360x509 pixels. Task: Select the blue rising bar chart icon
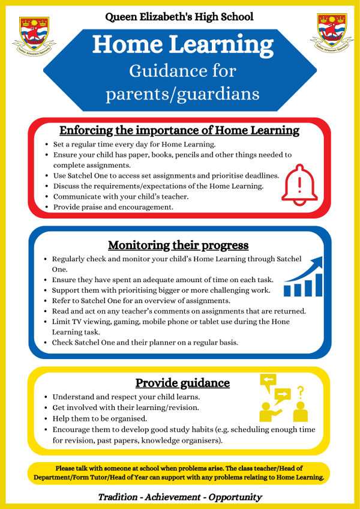pyautogui.click(x=304, y=277)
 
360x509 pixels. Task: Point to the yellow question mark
pyautogui.click(x=301, y=392)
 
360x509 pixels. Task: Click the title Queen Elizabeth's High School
pyautogui.click(x=179, y=17)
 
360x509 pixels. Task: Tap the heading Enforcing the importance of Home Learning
pyautogui.click(x=179, y=130)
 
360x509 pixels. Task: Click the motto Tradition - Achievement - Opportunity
pyautogui.click(x=180, y=496)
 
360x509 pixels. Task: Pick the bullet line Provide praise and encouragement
pyautogui.click(x=113, y=207)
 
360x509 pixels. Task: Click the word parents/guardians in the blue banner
pyautogui.click(x=182, y=94)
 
